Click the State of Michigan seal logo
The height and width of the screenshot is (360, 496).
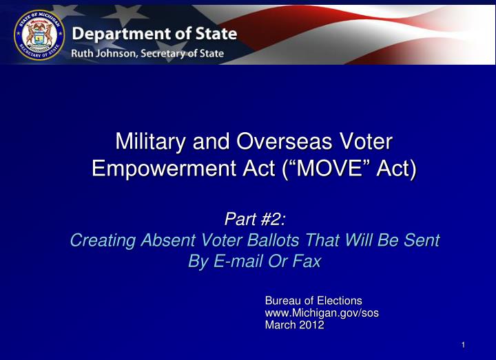[39, 34]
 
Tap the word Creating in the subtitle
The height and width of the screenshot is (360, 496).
[103, 240]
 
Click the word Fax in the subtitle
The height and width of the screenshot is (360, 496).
[308, 262]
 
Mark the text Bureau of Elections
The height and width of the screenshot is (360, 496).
[313, 301]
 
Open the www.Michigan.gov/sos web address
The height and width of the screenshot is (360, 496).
[322, 313]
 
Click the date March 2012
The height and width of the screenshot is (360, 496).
[294, 326]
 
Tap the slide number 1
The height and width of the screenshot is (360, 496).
[464, 346]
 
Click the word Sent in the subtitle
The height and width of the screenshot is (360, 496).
[423, 240]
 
